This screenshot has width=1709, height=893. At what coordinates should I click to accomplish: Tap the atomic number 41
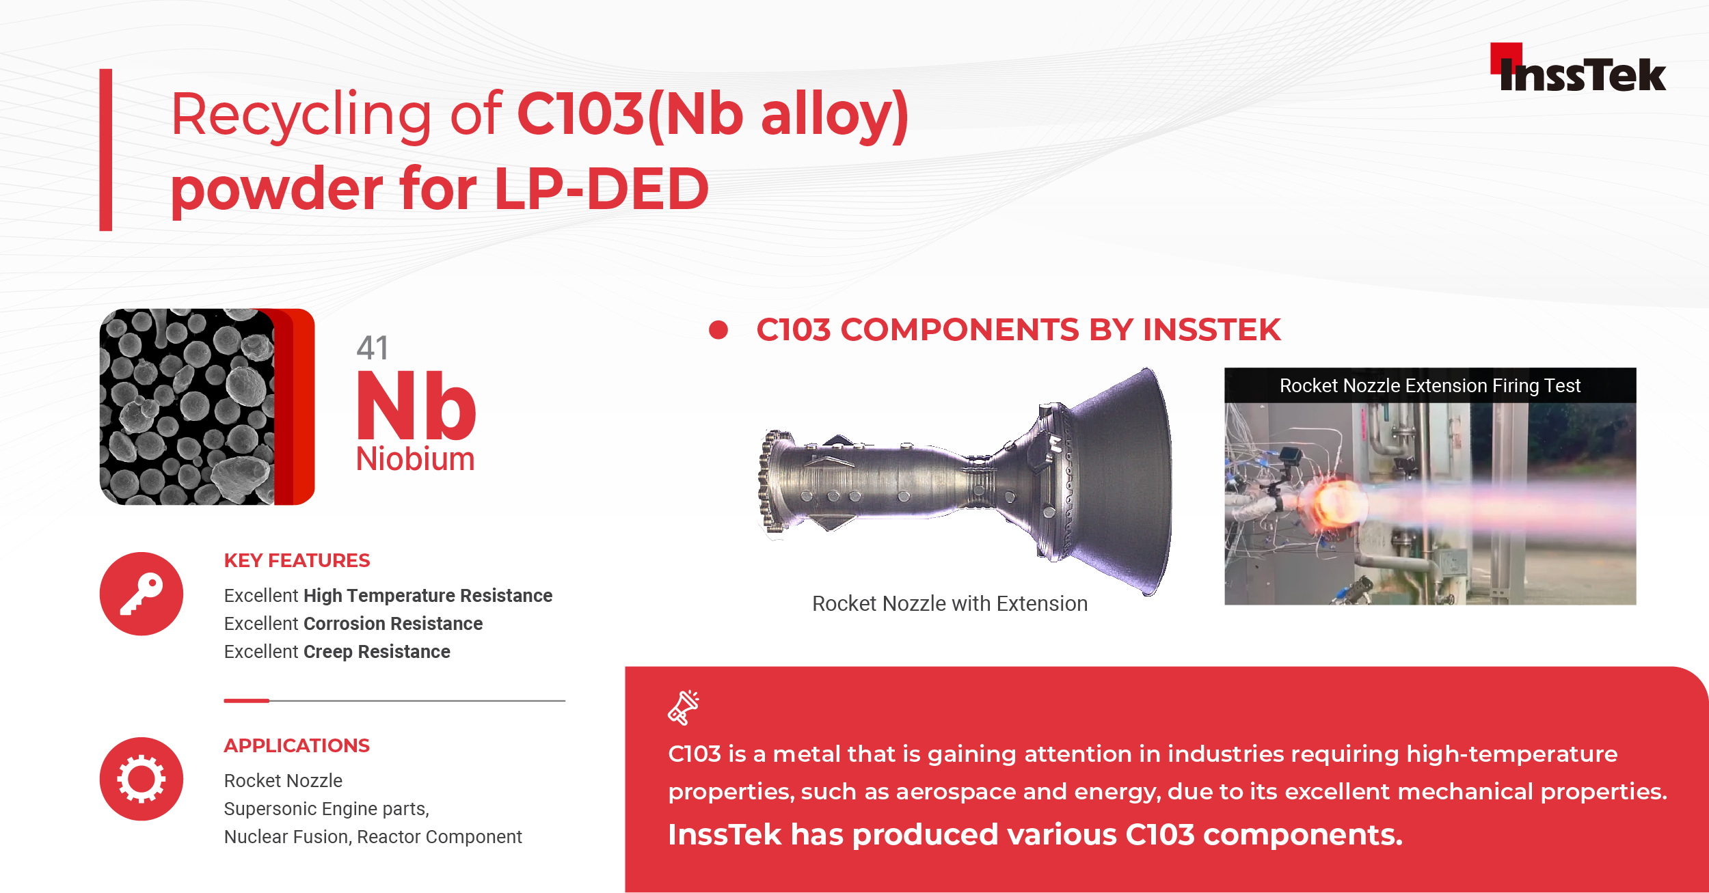pos(373,348)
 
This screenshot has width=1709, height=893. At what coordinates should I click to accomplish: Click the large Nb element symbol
pos(416,406)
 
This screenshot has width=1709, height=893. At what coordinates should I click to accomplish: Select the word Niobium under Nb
pos(416,459)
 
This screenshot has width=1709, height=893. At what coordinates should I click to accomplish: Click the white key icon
pos(142,594)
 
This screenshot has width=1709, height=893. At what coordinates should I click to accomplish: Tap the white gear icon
pos(142,779)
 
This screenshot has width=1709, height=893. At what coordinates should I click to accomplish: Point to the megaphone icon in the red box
pos(684,707)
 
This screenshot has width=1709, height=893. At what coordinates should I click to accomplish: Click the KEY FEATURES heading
pos(297,561)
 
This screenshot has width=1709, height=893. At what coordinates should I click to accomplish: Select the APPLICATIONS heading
pos(297,745)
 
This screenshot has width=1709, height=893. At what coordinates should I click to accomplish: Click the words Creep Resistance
pos(377,652)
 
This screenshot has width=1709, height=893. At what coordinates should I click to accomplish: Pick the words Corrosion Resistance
pos(393,624)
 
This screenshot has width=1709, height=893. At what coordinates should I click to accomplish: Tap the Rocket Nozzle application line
pos(283,780)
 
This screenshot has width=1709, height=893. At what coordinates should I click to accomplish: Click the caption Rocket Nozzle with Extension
pos(950,604)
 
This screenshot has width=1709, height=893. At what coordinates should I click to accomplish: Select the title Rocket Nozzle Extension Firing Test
pos(1430,386)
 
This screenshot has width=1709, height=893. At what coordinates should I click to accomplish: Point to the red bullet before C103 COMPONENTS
pos(718,330)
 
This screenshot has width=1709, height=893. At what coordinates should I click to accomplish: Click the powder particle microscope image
pos(187,407)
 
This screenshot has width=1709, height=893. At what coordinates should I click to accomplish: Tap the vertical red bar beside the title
pos(106,150)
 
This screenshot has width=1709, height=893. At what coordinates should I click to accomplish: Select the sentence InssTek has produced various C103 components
pos(1035,835)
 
